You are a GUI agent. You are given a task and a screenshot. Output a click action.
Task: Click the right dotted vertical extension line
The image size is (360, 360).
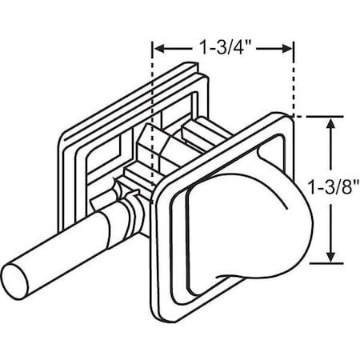coord(295,80)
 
